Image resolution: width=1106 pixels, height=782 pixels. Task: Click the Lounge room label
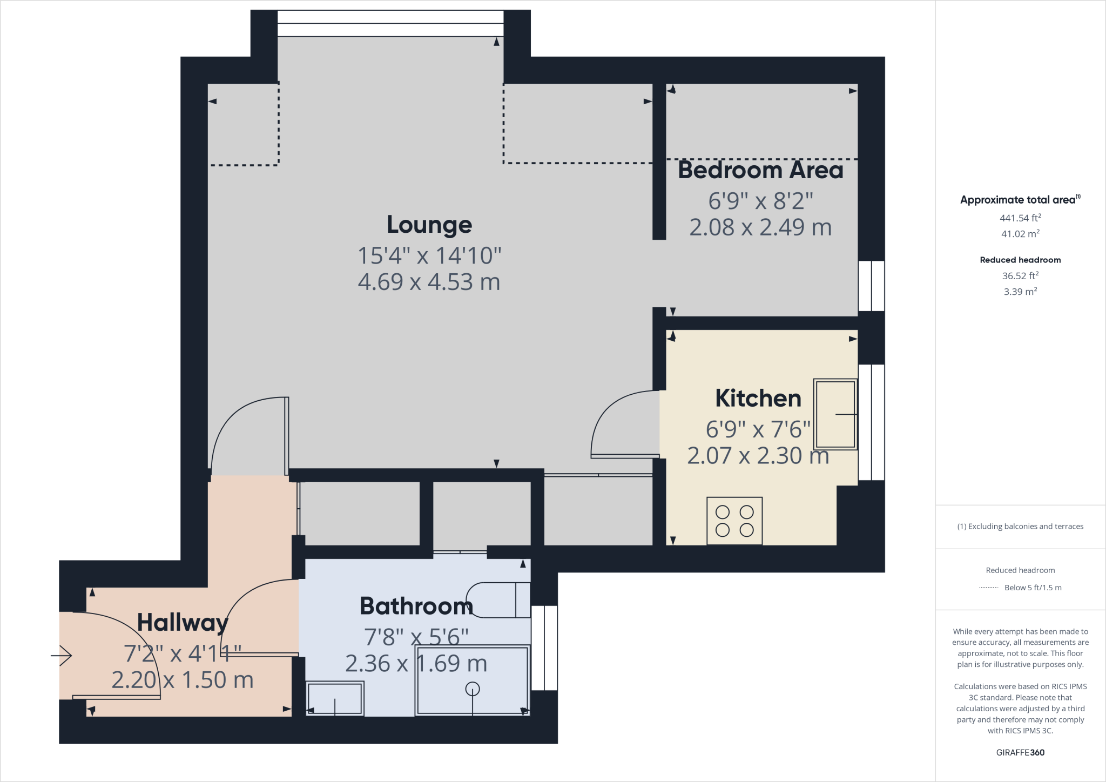[429, 225]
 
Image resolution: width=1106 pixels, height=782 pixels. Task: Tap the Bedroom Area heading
[760, 170]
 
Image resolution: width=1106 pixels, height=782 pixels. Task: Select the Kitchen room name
[758, 399]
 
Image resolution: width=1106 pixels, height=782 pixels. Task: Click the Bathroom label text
[416, 606]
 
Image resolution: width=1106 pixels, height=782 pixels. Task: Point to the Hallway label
[183, 623]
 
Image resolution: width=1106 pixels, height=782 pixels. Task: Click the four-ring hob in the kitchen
[734, 521]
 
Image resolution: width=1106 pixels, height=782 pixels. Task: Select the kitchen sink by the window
[835, 414]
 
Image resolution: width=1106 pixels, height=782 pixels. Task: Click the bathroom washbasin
[335, 698]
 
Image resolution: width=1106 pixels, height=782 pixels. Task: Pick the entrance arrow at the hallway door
[62, 656]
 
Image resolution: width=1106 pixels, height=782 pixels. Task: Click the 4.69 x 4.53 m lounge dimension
[429, 282]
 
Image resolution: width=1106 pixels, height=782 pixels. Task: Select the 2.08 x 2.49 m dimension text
[760, 227]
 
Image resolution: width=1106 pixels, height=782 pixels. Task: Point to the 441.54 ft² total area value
[1020, 218]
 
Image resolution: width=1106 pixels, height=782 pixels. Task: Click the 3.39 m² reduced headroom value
[1020, 292]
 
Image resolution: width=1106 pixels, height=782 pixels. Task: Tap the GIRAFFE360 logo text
[1020, 752]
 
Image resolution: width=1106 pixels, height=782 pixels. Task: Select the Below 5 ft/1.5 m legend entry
[1032, 588]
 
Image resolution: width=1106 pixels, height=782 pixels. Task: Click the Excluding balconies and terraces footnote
[1020, 527]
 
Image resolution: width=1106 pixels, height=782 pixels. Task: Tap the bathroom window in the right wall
[544, 648]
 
